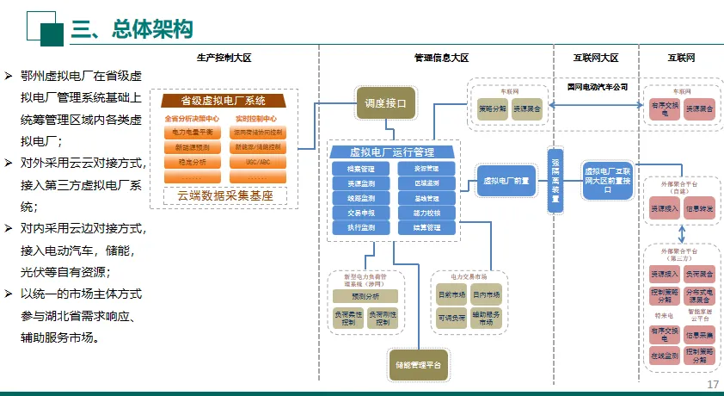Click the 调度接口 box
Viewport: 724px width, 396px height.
point(385,103)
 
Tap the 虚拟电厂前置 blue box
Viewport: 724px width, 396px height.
point(506,180)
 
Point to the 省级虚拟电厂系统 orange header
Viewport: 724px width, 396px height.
point(224,100)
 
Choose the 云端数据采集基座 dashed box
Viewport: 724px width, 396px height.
point(224,195)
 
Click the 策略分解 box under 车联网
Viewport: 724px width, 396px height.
point(493,109)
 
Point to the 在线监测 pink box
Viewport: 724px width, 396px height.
point(664,354)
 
